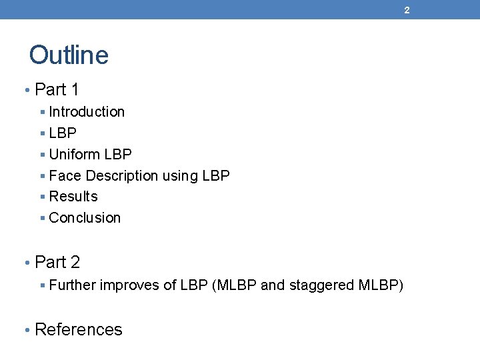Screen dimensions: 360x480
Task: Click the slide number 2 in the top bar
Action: [x=407, y=10]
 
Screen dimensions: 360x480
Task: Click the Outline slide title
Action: [x=69, y=55]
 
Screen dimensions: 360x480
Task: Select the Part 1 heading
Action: [x=57, y=89]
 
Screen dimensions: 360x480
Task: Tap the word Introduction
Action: [x=87, y=112]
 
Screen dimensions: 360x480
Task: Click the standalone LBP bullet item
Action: [x=63, y=133]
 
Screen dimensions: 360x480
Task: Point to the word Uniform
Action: [x=74, y=155]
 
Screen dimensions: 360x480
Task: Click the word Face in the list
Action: [x=65, y=176]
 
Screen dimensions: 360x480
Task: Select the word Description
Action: [x=122, y=176]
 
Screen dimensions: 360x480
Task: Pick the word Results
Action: [x=73, y=197]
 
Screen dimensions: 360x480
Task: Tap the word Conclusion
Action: [x=85, y=218]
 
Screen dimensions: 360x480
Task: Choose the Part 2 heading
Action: [x=57, y=262]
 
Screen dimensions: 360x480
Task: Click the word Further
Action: [x=72, y=285]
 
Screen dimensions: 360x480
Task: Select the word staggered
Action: [x=320, y=285]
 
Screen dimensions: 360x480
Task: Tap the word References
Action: [x=78, y=329]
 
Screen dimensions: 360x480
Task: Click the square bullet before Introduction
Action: [x=42, y=113]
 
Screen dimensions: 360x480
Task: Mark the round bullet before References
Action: [x=27, y=330]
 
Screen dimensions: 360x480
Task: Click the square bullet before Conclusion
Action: [x=42, y=219]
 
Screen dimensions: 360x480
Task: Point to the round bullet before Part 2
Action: [x=27, y=263]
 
